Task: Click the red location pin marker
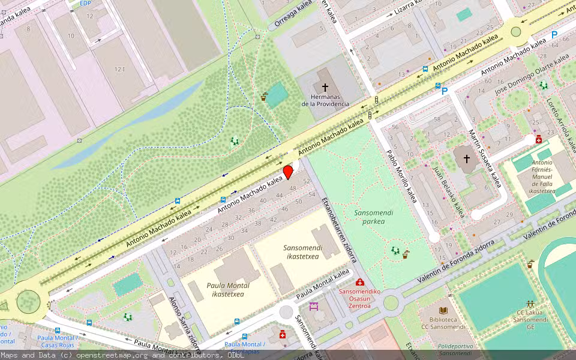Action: point(288,172)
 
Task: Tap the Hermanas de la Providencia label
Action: point(325,100)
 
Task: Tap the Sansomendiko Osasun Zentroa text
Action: point(360,298)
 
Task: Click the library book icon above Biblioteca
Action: point(443,310)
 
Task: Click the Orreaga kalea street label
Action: point(293,14)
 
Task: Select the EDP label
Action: point(86,3)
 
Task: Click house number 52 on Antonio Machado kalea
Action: point(307,181)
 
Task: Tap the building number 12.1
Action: point(120,70)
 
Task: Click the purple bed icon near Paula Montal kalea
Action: point(314,307)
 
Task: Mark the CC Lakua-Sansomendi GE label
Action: point(530,320)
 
